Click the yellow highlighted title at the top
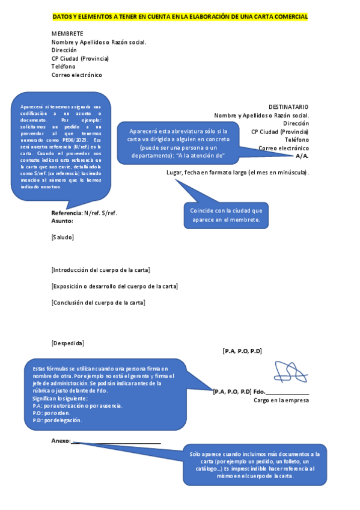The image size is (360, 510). [x=180, y=17]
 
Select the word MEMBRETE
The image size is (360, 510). [x=67, y=34]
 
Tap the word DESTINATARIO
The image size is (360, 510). [x=288, y=106]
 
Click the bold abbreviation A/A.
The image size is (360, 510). [x=302, y=156]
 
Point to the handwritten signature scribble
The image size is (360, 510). [x=291, y=372]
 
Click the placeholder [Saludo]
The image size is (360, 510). [x=63, y=237]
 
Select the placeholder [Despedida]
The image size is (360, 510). [x=68, y=343]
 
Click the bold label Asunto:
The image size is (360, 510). [x=62, y=221]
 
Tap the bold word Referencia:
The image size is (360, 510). [x=67, y=213]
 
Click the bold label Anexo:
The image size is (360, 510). [x=61, y=441]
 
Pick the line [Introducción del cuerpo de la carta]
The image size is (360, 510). [x=101, y=269]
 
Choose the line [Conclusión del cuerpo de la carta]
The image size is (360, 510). [x=98, y=302]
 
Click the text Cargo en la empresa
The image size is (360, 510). [x=281, y=400]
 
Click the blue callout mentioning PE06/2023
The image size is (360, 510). [x=60, y=146]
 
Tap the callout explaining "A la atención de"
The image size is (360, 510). [x=178, y=144]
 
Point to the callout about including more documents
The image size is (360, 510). [x=254, y=465]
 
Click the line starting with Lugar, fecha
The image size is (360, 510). [x=237, y=173]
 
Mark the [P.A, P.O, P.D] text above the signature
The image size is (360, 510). [x=242, y=351]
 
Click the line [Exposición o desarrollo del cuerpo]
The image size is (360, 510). [x=114, y=286]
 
